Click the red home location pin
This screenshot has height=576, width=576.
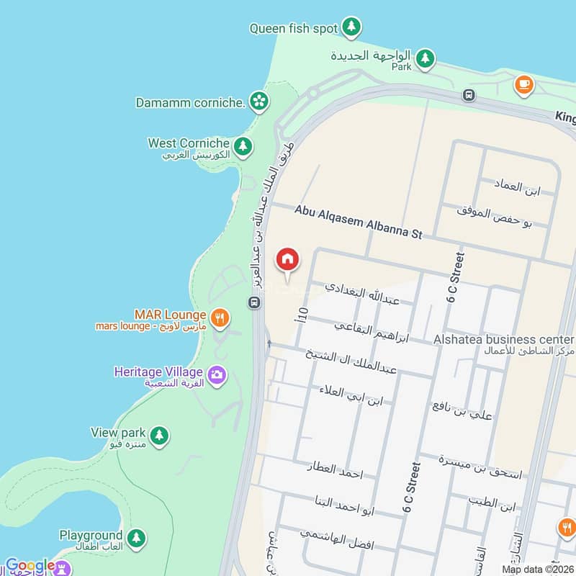coord(287,259)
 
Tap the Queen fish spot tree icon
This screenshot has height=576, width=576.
coord(351,28)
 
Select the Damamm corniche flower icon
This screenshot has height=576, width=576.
coord(258,102)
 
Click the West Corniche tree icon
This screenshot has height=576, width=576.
coord(243,145)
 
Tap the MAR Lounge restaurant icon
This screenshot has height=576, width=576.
coord(220,316)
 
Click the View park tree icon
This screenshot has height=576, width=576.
coord(159,434)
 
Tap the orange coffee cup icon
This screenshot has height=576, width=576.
coord(523,85)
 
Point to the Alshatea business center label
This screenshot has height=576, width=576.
coord(504,339)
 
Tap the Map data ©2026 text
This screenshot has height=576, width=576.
coord(538,570)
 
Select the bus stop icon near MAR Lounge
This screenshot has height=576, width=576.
coord(253,302)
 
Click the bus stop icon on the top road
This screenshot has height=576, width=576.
coord(469,95)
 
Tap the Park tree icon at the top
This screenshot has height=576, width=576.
coord(426,58)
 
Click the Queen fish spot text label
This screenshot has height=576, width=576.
coord(294,29)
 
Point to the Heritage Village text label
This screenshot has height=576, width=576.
coord(158,372)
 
